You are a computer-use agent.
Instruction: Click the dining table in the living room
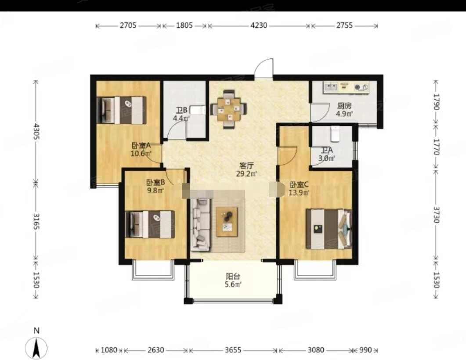coord(228,109)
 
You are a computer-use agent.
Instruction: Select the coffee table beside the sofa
coord(227,222)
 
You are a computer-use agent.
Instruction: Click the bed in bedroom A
coord(122,110)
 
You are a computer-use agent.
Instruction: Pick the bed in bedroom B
coord(150,224)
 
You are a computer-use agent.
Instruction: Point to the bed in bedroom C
coord(329,229)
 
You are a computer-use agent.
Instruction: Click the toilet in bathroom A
coord(335,134)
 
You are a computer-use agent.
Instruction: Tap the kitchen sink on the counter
coord(331,87)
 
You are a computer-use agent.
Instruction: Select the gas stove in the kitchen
coord(361,87)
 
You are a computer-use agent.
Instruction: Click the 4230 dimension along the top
coord(259,25)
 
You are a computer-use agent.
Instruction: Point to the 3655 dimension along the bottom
coord(233,350)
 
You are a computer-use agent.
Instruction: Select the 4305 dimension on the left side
coord(36,132)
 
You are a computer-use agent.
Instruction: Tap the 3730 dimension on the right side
coord(436,214)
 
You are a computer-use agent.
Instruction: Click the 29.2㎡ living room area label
coord(246,174)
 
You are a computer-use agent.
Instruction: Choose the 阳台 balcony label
coord(233,277)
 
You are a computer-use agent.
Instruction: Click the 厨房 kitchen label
coord(344,106)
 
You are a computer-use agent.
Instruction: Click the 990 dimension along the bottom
coord(365,350)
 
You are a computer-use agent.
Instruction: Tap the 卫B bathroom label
coord(181,111)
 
